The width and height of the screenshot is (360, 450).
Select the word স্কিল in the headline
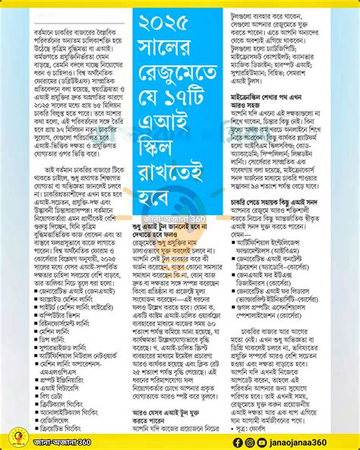tap(180, 145)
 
